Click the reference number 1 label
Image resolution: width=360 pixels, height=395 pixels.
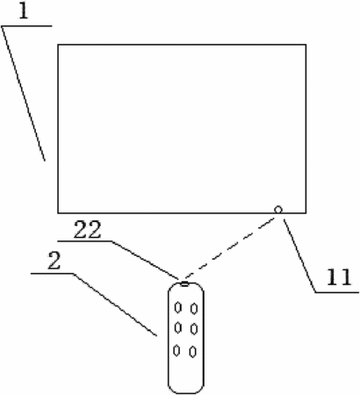tap(24, 11)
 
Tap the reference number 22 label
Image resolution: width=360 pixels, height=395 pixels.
tap(87, 230)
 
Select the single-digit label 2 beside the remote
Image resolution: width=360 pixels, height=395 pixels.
tap(54, 261)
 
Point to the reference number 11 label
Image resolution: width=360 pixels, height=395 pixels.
tap(339, 276)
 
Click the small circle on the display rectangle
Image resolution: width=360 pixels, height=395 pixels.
tap(278, 210)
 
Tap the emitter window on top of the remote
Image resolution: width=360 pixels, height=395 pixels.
tap(184, 284)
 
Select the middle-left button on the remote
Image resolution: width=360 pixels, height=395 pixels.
tap(177, 327)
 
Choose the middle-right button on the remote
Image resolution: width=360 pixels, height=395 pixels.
tap(193, 329)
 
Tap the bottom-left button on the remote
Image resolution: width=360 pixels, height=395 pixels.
tap(176, 350)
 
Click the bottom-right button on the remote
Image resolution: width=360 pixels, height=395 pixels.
tap(192, 352)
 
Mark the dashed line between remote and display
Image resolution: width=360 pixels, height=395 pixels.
tap(230, 248)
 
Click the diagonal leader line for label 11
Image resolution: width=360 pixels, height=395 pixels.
tap(299, 255)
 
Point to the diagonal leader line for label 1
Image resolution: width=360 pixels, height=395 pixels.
tap(24, 93)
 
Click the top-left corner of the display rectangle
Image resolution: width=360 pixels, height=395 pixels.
tap(58, 45)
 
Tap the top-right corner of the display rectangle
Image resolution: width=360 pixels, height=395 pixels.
tap(306, 45)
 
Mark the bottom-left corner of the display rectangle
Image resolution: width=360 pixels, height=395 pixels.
tap(58, 212)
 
